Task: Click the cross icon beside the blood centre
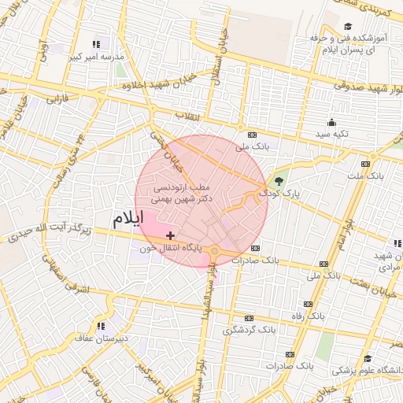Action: (x=170, y=235)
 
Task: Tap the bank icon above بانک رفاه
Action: (x=308, y=304)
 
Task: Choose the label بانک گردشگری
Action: (x=250, y=330)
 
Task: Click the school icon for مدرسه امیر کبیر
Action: (x=96, y=45)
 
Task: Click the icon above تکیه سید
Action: (x=331, y=122)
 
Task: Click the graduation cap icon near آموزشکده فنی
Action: (x=347, y=27)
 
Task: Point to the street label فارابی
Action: (x=57, y=100)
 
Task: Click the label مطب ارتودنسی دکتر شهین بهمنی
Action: (x=180, y=194)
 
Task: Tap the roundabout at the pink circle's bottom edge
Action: (x=214, y=252)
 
